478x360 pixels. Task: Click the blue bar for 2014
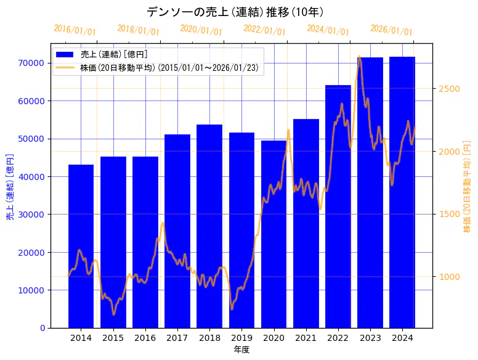(x=81, y=247)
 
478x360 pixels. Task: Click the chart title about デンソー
(x=235, y=12)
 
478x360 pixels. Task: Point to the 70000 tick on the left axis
(x=31, y=63)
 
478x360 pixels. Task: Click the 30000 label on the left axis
(x=31, y=215)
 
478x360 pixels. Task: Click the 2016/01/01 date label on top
(x=75, y=30)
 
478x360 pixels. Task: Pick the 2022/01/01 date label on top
(x=264, y=30)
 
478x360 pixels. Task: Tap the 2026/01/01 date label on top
(x=391, y=30)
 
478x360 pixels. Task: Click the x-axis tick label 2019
(x=241, y=338)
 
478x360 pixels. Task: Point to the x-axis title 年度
(x=241, y=350)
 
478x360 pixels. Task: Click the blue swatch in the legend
(x=65, y=55)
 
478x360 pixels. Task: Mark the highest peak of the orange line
(x=359, y=56)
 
